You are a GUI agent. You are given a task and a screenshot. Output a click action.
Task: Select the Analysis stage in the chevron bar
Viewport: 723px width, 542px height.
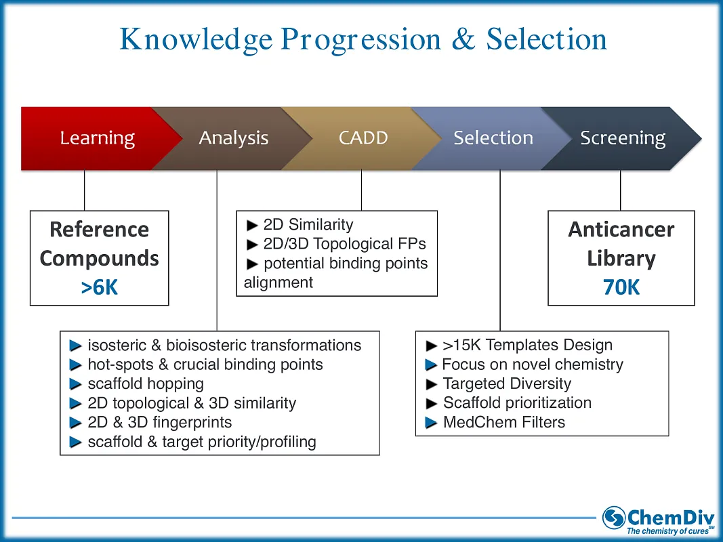233,138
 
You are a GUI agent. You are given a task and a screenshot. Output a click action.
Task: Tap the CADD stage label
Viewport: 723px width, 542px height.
363,138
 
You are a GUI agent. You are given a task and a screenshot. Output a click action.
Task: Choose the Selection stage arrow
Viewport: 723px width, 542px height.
493,138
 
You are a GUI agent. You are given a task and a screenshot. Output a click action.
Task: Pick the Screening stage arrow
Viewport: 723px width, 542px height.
622,138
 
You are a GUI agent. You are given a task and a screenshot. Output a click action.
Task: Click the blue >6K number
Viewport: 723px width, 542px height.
100,287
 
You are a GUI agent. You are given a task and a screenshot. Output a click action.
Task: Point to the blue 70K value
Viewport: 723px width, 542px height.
621,287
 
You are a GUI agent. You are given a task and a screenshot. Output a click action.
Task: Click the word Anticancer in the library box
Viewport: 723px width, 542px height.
621,230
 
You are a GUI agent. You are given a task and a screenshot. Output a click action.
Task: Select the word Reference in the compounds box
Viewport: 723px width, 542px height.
99,230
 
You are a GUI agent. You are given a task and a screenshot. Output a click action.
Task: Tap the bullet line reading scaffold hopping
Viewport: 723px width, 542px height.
146,383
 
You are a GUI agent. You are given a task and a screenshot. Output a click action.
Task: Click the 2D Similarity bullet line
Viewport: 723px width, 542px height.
308,224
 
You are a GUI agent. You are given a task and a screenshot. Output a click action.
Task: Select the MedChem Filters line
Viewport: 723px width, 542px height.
503,422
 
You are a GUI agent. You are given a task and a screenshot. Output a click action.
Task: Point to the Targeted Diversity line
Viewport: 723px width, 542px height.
507,383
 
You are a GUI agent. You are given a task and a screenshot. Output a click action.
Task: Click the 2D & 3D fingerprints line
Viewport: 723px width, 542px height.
159,422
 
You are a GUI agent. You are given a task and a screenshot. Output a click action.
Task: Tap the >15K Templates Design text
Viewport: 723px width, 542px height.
527,345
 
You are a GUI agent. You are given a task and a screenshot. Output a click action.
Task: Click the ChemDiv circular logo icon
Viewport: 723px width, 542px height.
614,518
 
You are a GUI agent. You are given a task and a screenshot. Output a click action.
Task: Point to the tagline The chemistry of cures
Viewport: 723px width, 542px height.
667,531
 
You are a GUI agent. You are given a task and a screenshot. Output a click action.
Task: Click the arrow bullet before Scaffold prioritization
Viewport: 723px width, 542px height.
432,403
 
